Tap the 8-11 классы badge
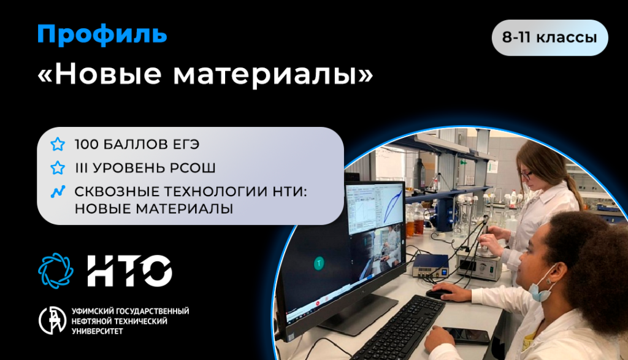coord(550,37)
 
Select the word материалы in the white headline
coord(273,74)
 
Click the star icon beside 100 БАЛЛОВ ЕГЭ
coord(58,144)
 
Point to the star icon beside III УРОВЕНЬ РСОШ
coord(58,168)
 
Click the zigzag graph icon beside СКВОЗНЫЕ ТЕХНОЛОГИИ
coord(58,192)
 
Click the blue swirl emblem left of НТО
coord(56,270)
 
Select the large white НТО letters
coord(130,270)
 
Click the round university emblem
coord(53,320)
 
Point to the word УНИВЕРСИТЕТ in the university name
coord(98,331)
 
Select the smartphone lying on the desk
coord(467,335)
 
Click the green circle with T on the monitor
coord(319,264)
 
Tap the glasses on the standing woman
coord(526,175)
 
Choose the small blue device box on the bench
coord(431,266)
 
